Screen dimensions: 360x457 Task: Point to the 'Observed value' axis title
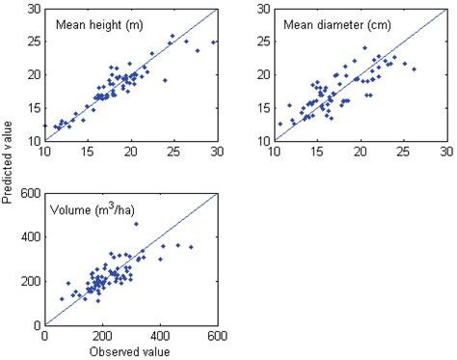pos(130,351)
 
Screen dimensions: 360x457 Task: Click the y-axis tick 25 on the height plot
pos(32,42)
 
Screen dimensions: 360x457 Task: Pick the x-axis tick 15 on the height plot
pos(88,152)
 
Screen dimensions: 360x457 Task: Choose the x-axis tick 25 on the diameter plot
pos(404,152)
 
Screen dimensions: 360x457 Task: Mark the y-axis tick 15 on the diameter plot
pos(261,108)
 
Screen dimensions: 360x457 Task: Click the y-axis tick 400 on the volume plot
pos(29,236)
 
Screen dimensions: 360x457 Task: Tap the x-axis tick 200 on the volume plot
pos(102,337)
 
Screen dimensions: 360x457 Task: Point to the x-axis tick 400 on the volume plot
pos(160,337)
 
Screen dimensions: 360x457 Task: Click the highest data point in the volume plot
pos(135,224)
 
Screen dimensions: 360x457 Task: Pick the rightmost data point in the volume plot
pos(191,247)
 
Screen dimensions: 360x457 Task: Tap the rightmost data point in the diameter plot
pos(414,69)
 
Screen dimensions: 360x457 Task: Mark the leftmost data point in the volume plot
pos(62,299)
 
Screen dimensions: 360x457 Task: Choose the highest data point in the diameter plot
pos(364,47)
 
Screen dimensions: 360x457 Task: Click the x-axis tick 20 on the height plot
pos(131,152)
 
